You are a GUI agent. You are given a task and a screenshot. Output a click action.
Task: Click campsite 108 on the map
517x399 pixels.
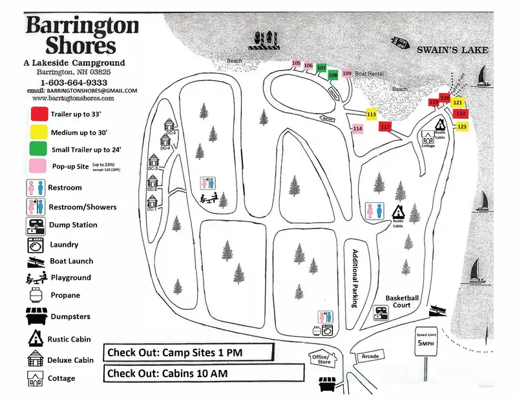pos(333,75)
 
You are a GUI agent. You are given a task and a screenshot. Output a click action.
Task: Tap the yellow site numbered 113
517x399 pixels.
pos(371,114)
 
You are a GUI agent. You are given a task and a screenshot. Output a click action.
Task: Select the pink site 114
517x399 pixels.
pos(357,128)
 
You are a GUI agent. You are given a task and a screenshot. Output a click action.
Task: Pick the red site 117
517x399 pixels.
pos(386,127)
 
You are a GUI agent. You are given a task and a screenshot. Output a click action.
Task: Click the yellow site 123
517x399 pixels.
pos(461,127)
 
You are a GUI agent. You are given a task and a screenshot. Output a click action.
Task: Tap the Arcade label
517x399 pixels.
pos(370,356)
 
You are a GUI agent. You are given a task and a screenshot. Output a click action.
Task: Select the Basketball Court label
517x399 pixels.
pos(403,302)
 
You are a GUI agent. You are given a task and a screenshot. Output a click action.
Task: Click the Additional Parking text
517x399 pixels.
pos(353,278)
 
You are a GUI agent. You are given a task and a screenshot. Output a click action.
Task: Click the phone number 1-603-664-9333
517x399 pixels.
pos(74,83)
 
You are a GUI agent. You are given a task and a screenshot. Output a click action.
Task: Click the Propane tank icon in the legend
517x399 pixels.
pos(34,296)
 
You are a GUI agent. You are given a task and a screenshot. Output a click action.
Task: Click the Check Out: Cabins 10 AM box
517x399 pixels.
pos(203,373)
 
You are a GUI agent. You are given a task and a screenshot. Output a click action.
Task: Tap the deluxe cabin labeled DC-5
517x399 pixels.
pos(170,125)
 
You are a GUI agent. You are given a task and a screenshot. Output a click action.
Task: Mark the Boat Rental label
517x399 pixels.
pos(369,74)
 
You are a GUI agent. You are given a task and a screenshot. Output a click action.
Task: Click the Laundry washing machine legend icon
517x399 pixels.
pos(34,245)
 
